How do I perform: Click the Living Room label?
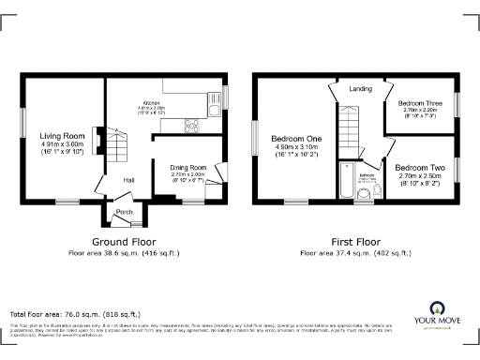click(63, 136)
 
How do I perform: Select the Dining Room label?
click(187, 167)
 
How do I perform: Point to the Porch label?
click(124, 213)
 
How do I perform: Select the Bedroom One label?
click(297, 139)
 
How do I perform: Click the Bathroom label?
click(367, 174)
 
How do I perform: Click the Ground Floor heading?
click(122, 241)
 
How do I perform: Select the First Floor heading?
click(352, 241)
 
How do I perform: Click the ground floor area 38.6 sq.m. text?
click(122, 253)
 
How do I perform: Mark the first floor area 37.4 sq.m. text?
click(352, 253)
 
